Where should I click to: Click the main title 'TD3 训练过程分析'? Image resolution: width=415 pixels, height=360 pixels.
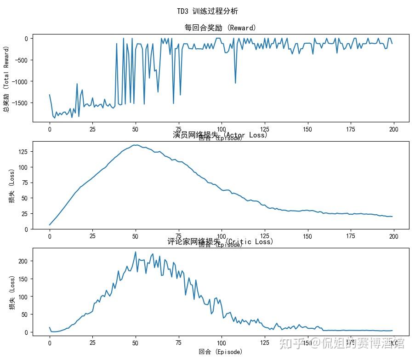207,11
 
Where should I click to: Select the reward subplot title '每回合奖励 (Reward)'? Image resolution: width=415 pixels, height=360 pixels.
220,28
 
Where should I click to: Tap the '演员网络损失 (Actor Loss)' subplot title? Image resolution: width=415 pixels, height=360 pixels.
220,135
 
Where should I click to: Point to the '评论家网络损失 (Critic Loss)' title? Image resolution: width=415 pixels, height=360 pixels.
220,241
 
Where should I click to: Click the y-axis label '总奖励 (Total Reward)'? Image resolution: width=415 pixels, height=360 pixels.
7,79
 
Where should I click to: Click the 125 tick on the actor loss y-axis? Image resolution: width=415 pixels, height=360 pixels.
23,151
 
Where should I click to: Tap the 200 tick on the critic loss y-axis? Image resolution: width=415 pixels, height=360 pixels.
23,261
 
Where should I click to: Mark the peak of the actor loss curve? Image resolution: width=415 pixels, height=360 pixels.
136,145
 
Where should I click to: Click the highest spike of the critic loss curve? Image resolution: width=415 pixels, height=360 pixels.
136,252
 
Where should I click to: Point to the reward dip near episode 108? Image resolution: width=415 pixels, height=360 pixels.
235,83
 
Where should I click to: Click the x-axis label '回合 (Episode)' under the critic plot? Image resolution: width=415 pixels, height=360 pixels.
220,352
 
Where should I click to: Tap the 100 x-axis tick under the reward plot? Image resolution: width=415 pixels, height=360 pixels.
222,129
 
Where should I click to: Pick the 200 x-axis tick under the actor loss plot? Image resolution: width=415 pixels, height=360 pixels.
393,236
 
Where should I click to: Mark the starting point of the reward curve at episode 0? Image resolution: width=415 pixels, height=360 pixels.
50,95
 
